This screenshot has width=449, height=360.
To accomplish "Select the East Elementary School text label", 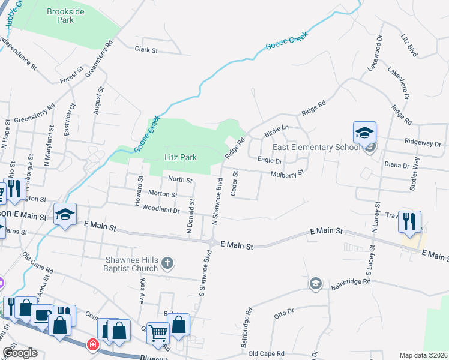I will pos(316,148).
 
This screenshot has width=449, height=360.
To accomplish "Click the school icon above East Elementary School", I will pos(364,133).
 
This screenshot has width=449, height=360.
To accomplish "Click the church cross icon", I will pos(167,262).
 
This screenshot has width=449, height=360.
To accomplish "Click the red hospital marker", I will pos(92,344).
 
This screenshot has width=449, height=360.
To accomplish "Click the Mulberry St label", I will pos(288,172).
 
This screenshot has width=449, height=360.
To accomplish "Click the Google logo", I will pos(20,353).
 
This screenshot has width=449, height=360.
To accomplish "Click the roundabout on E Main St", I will pos(212,243).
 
